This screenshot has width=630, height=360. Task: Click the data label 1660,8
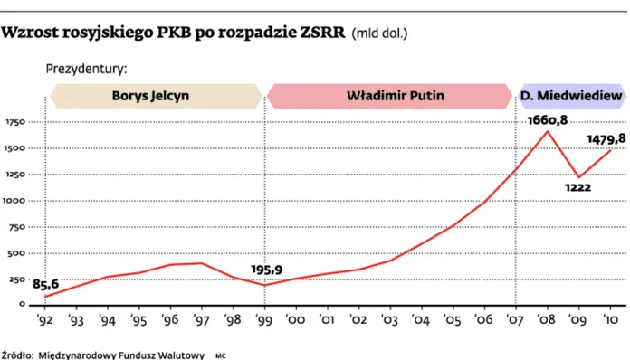click(547, 120)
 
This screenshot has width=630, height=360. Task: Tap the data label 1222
click(577, 187)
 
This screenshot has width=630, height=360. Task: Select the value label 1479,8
click(606, 139)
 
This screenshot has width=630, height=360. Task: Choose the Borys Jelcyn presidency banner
click(156, 95)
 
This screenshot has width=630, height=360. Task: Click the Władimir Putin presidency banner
click(389, 95)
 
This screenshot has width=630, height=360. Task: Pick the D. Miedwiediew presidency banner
click(570, 95)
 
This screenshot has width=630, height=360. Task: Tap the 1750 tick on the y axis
click(16, 122)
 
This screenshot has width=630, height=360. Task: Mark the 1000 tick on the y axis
click(16, 201)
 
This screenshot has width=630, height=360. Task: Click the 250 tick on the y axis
click(18, 279)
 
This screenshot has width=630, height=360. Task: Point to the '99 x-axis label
click(264, 319)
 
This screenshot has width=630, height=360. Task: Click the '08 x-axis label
click(548, 319)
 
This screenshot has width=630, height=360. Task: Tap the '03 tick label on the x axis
click(390, 319)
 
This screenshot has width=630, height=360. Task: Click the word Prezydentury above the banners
click(86, 68)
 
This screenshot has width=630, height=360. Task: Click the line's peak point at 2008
click(548, 132)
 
